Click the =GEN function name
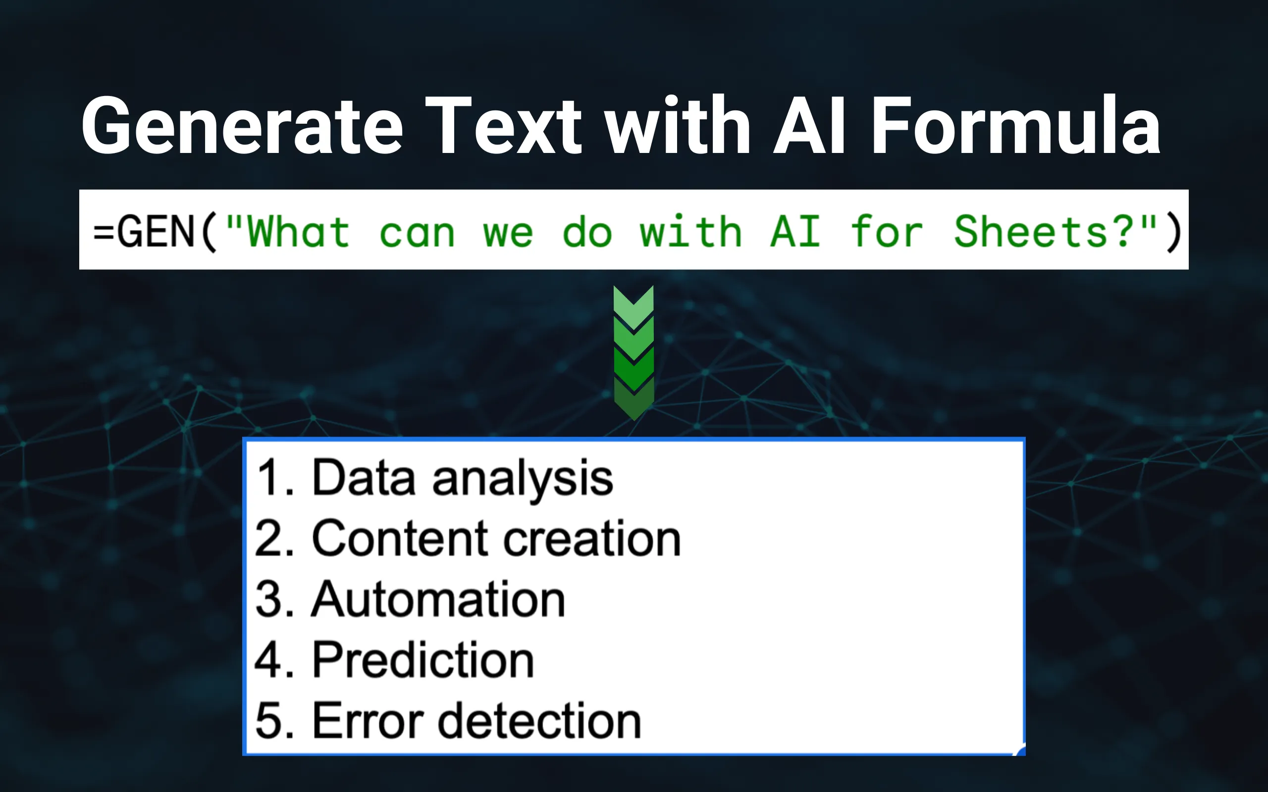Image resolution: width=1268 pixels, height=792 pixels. coord(144,232)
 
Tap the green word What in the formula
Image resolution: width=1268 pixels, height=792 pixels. coord(298,232)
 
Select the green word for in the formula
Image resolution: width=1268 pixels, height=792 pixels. coord(887,232)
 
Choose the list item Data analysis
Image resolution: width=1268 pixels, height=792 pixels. coord(462,478)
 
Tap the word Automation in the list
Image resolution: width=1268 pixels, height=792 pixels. coord(438,599)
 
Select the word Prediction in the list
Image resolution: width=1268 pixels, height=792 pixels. coord(423,660)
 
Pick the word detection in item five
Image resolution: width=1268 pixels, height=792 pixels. coord(539,721)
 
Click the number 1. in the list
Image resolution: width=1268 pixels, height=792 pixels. coord(274,478)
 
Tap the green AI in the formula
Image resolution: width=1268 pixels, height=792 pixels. coord(795,232)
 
